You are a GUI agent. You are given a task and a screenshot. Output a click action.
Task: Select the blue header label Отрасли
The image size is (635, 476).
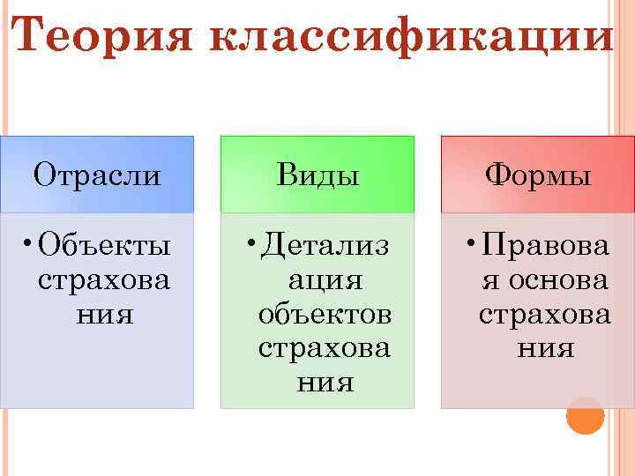pyautogui.click(x=97, y=175)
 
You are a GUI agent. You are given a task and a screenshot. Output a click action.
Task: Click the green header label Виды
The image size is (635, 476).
pyautogui.click(x=317, y=175)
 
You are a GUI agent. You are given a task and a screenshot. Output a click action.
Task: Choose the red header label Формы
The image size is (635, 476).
pyautogui.click(x=538, y=175)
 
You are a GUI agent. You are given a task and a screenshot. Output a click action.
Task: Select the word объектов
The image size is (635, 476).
pyautogui.click(x=324, y=314)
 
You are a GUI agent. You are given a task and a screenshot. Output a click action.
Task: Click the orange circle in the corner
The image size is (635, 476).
pyautogui.click(x=585, y=415)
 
